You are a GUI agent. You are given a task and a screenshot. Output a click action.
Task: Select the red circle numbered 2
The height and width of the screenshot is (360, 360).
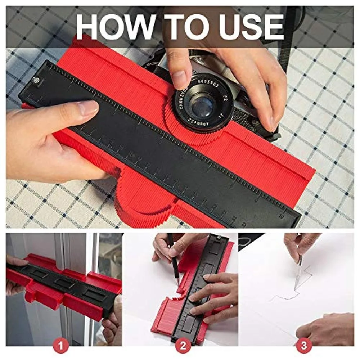coord(183,346)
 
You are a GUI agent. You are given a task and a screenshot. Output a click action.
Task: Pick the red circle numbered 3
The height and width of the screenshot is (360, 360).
coord(304,346)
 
